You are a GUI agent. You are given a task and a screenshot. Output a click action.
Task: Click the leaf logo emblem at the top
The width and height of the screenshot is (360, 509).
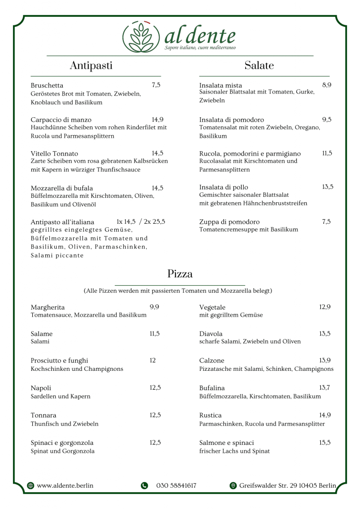coord(142,37)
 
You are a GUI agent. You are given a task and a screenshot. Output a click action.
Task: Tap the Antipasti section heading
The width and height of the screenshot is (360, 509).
coord(91,66)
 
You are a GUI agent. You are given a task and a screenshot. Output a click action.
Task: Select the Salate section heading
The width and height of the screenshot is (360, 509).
coord(259,66)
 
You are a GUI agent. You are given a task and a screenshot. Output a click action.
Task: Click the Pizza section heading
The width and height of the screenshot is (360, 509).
coord(180,274)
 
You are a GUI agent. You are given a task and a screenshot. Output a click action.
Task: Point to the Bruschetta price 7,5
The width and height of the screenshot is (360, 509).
coord(156,85)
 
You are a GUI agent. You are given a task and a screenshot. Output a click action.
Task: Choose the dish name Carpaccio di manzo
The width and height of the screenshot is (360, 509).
coord(61,119)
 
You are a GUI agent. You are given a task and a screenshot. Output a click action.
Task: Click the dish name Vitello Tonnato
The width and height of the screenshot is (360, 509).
coord(54,154)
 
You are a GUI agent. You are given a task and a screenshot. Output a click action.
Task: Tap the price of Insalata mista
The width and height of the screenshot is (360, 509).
coord(327,85)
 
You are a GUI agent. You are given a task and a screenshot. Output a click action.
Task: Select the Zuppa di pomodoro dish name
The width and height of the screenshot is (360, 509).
coord(230,222)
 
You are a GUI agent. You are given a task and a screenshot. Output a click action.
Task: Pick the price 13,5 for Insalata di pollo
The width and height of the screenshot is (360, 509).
coord(327,187)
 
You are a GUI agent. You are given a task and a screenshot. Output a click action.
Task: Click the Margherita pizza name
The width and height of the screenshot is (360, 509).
coord(48,307)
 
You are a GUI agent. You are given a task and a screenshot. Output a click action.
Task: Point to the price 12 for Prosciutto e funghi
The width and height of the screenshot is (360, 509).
coord(153,360)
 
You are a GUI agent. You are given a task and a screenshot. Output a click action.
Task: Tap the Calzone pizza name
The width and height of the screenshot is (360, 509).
coord(212,360)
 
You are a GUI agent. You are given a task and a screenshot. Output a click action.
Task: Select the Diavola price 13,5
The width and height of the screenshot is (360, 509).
coord(325,334)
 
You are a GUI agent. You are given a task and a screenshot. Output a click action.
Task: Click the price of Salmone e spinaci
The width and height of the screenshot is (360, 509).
coord(325,442)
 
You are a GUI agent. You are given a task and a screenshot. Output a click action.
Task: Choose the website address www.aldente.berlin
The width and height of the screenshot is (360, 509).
coord(65,486)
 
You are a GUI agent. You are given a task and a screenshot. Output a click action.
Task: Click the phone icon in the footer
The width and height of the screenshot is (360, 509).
coord(144,486)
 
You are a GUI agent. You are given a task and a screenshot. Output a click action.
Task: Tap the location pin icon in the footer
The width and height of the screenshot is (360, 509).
coord(233,486)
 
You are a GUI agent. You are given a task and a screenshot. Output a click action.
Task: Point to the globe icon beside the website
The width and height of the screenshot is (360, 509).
coord(31,486)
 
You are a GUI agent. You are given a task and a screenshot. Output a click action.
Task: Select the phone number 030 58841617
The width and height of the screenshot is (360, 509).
coord(176,486)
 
